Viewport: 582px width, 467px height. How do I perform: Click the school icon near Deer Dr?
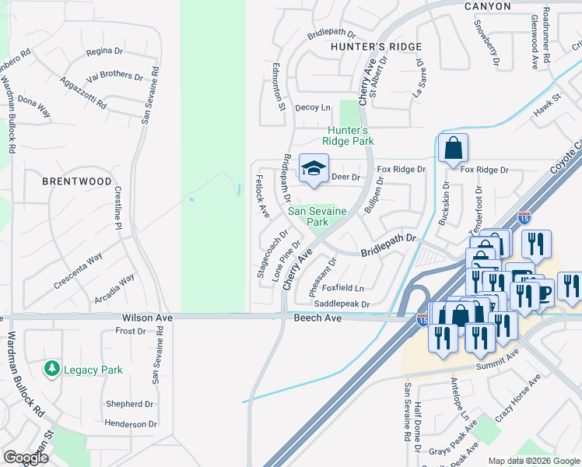tap(314, 168)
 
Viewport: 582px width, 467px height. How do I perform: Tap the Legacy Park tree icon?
tap(52, 368)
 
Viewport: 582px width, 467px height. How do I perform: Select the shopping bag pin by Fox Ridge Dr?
tap(453, 148)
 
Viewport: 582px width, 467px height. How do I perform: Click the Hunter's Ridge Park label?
tap(350, 135)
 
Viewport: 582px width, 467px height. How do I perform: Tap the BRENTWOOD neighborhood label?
tap(78, 181)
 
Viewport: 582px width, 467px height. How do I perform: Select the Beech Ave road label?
tap(317, 318)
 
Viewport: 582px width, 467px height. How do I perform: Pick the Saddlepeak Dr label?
tap(342, 304)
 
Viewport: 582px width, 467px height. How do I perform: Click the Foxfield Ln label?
tap(349, 287)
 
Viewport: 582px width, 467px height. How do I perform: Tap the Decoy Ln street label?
tap(314, 108)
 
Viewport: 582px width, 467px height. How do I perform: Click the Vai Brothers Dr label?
tap(115, 76)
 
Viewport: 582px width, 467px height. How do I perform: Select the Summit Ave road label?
tap(503, 355)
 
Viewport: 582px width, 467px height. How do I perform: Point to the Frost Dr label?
tap(130, 331)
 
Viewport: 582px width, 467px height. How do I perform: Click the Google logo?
tap(26, 458)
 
